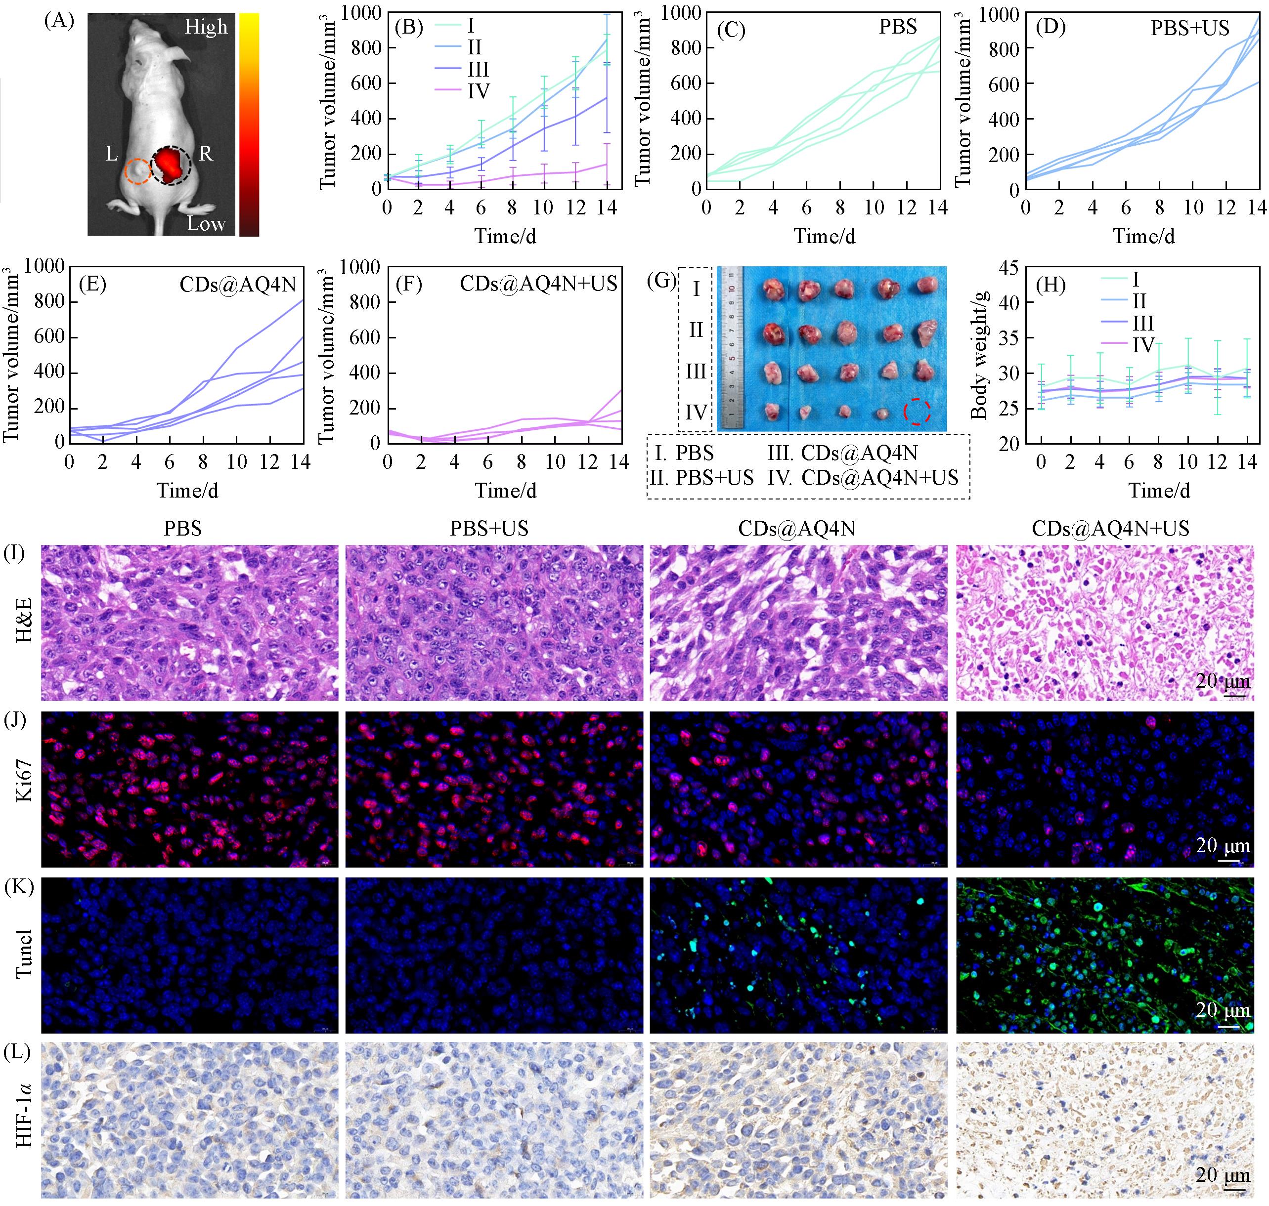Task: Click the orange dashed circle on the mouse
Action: click(137, 171)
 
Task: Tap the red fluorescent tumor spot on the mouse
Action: click(169, 165)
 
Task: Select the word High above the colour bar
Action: click(206, 27)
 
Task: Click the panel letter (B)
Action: click(408, 27)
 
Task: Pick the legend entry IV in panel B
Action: click(478, 91)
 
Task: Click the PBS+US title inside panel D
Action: click(1189, 28)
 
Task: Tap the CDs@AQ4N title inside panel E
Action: click(238, 284)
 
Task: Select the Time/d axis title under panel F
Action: click(506, 491)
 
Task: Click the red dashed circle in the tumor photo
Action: click(917, 412)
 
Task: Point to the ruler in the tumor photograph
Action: click(731, 348)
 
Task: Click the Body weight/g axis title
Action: click(979, 355)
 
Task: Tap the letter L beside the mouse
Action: click(111, 154)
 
